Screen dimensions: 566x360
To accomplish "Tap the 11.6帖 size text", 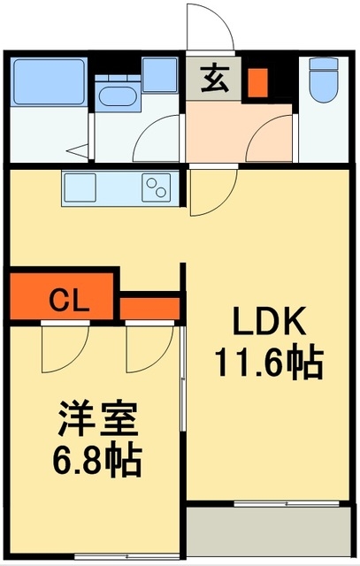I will (x=267, y=362).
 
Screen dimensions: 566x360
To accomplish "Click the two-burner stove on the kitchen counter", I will (x=157, y=187).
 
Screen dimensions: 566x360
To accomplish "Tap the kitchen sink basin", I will (x=79, y=188).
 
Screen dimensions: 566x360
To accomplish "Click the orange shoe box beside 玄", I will (x=257, y=82).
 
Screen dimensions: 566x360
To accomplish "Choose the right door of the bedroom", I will (x=147, y=348).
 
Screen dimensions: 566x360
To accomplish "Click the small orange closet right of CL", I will (x=150, y=308).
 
